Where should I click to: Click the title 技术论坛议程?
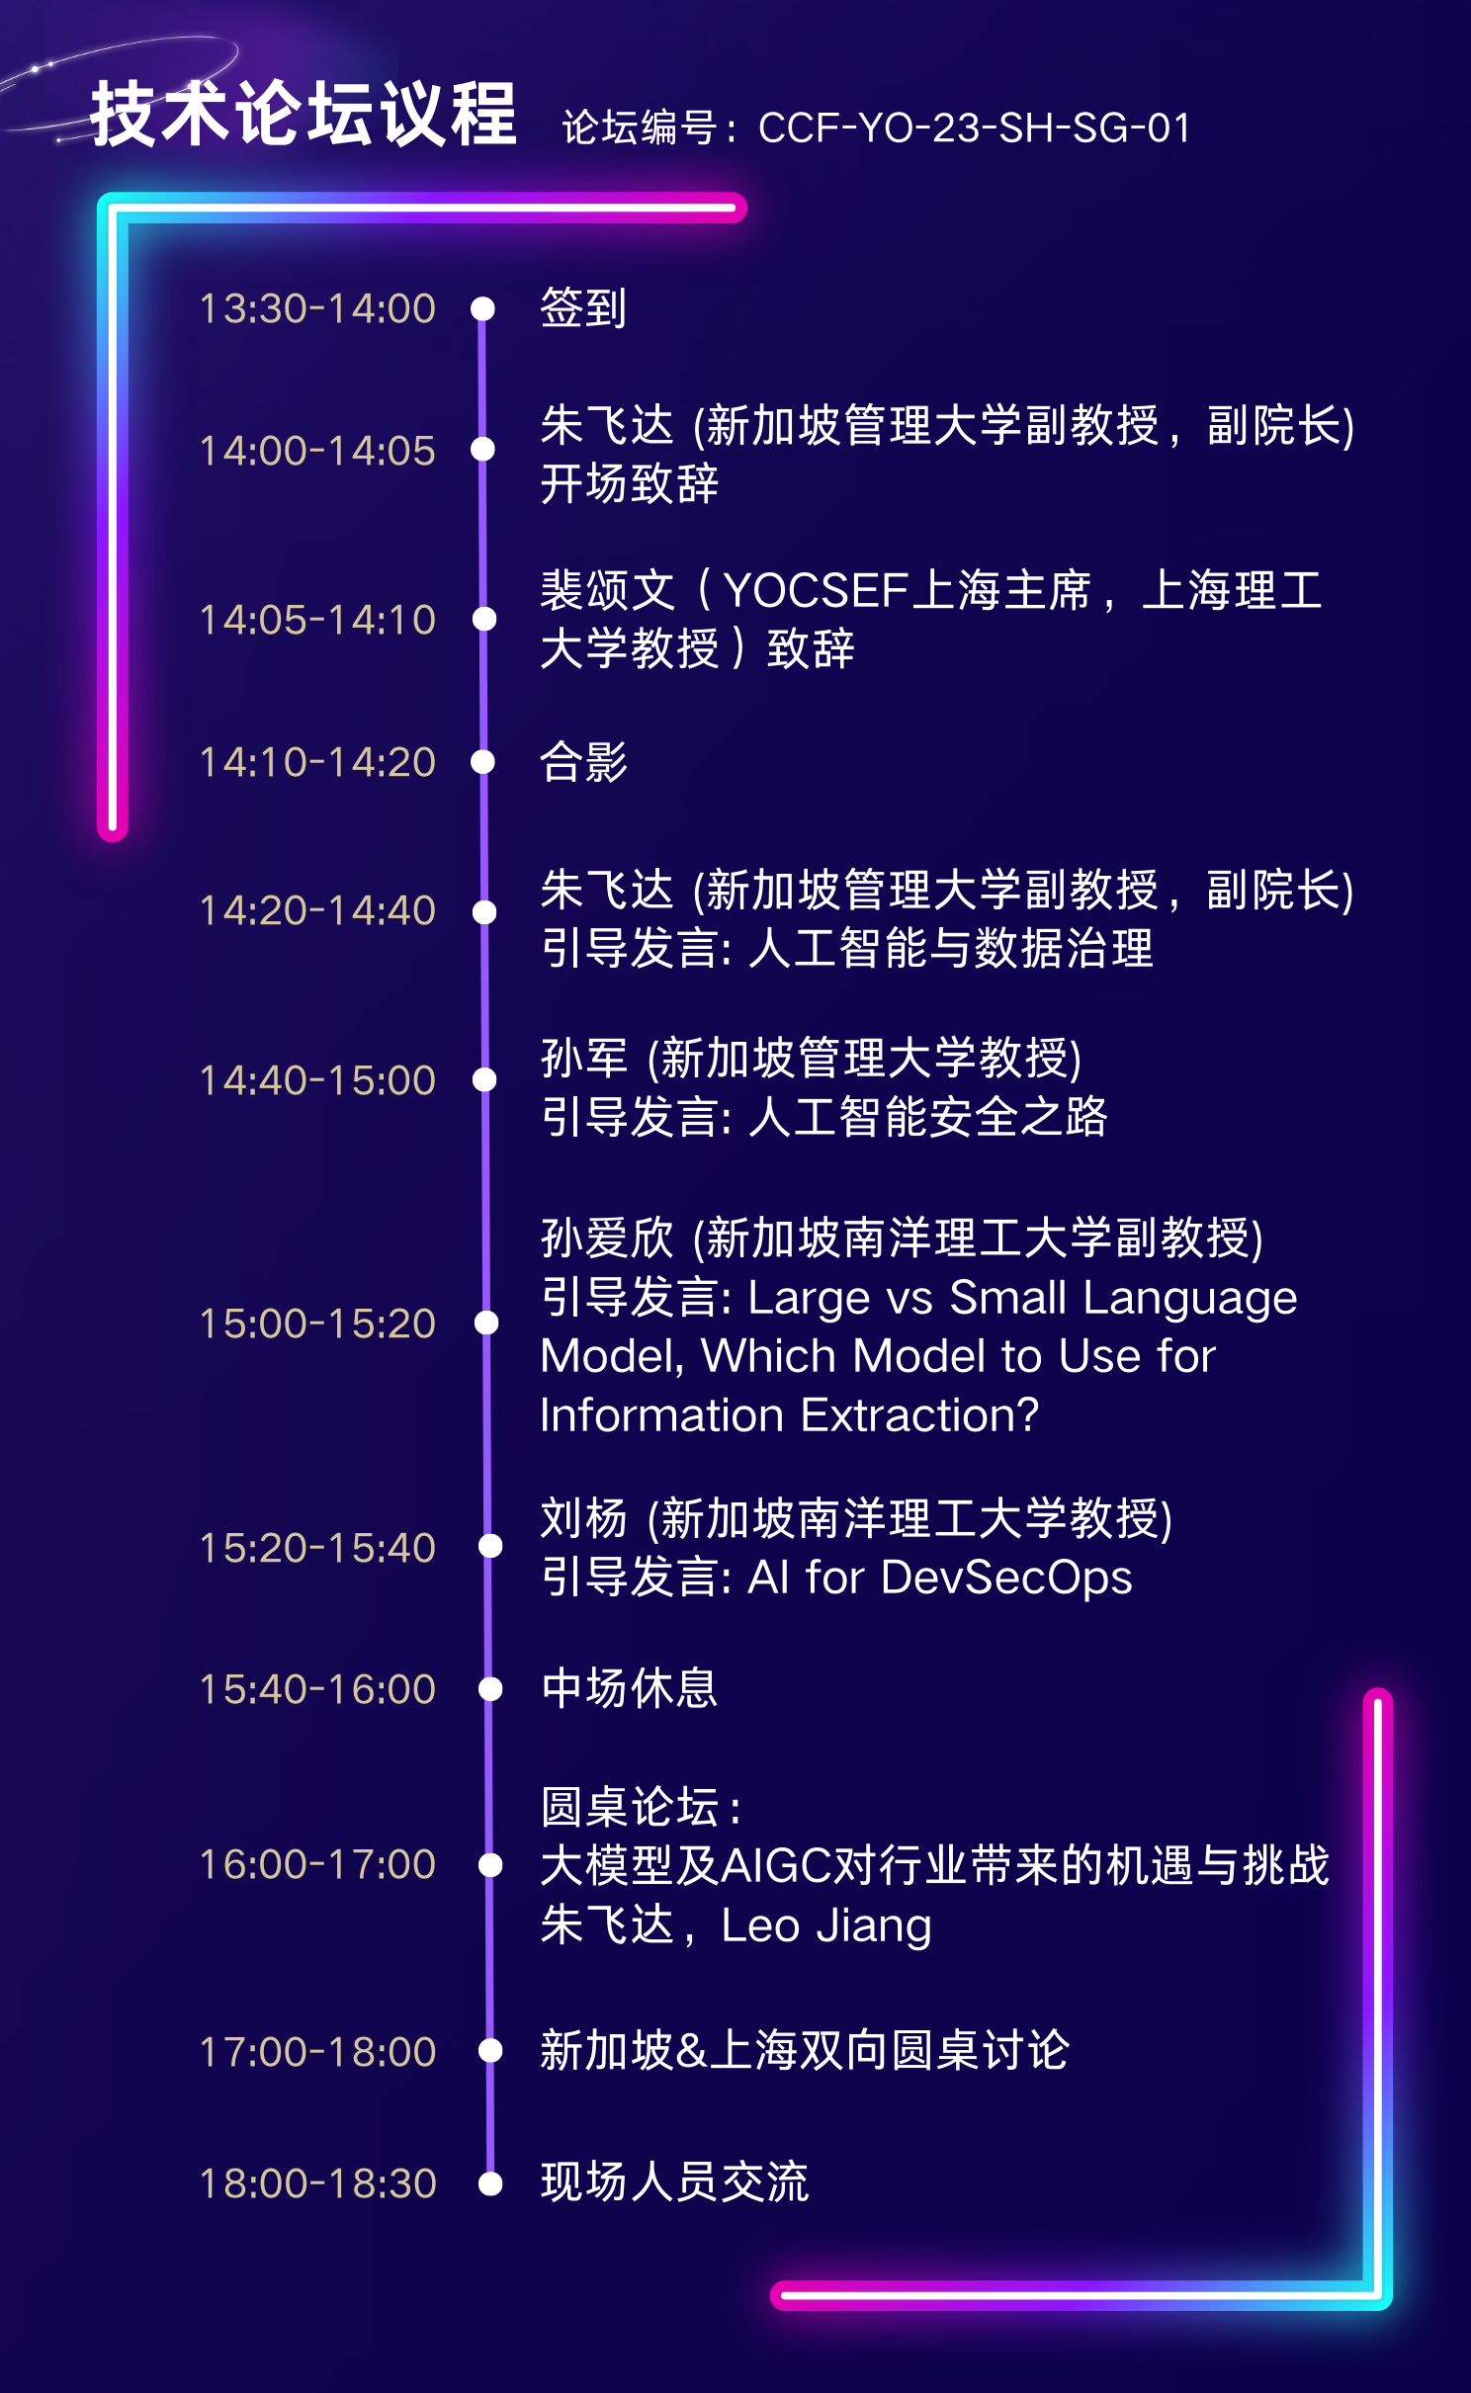pyautogui.click(x=303, y=115)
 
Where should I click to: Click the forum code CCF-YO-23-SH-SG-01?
pyautogui.click(x=975, y=128)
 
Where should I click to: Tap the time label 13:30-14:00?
pyautogui.click(x=317, y=308)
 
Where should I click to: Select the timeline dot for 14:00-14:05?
pyautogui.click(x=482, y=449)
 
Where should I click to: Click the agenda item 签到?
pyautogui.click(x=583, y=307)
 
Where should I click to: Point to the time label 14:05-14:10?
pyautogui.click(x=317, y=620)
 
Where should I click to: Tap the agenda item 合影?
pyautogui.click(x=583, y=762)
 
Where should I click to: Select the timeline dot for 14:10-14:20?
pyautogui.click(x=482, y=761)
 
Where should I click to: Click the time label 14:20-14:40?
pyautogui.click(x=317, y=910)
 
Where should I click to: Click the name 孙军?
pyautogui.click(x=584, y=1058)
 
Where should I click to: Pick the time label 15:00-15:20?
pyautogui.click(x=317, y=1324)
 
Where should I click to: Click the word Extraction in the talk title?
pyautogui.click(x=919, y=1414)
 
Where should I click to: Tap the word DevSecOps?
pyautogui.click(x=1006, y=1577)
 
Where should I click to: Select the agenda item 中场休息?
pyautogui.click(x=630, y=1688)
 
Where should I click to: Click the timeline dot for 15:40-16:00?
pyautogui.click(x=490, y=1689)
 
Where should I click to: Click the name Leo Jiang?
pyautogui.click(x=826, y=1925)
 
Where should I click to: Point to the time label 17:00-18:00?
pyautogui.click(x=317, y=2052)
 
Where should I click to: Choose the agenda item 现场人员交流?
pyautogui.click(x=675, y=2182)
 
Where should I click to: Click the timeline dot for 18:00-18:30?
pyautogui.click(x=490, y=2183)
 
